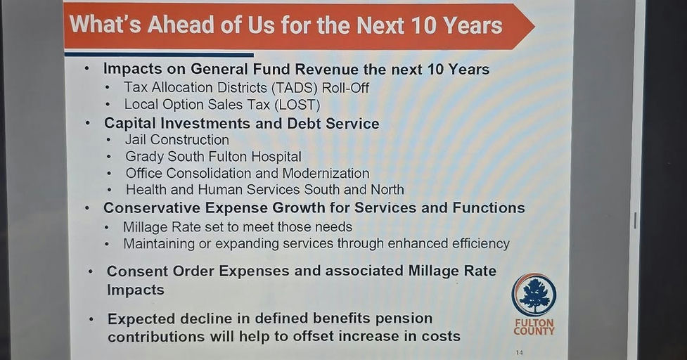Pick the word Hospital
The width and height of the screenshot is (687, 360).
point(271,156)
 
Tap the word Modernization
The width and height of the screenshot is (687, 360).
point(323,173)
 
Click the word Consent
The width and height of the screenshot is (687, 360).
point(138,271)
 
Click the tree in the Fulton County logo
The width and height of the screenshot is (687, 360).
point(534,295)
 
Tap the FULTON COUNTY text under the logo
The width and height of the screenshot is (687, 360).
point(534,327)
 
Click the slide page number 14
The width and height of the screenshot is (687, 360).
point(519,352)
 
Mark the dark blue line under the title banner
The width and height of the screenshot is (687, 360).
point(158,54)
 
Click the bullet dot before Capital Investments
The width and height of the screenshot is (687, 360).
point(88,123)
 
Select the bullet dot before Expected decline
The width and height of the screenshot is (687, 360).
point(91,319)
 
